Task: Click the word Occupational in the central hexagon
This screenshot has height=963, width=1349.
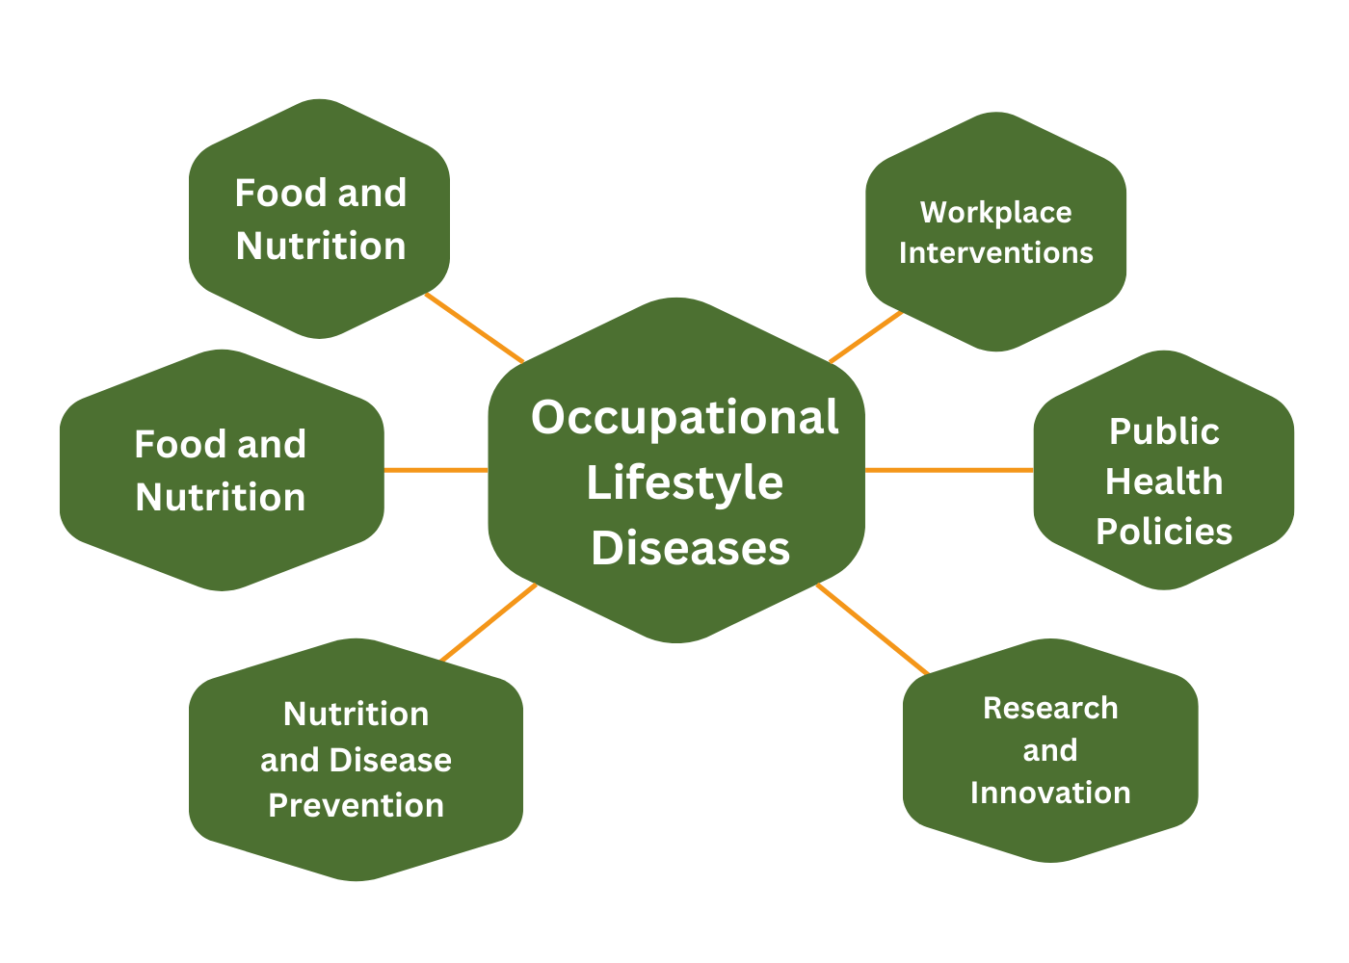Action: click(x=685, y=418)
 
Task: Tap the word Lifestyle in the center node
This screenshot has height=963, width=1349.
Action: click(x=685, y=483)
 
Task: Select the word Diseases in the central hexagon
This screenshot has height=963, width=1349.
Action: click(x=690, y=548)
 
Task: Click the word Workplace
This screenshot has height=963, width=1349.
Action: click(x=996, y=213)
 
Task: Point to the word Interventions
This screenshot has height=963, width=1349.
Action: click(x=996, y=252)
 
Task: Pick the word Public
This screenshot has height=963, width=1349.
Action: click(x=1164, y=431)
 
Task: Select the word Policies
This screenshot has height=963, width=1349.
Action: click(x=1164, y=531)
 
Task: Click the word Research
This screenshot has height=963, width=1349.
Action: click(x=1050, y=708)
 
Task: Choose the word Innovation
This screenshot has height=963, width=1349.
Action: click(x=1050, y=792)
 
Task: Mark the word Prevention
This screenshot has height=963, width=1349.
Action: click(x=356, y=806)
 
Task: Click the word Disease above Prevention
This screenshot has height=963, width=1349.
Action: click(x=390, y=760)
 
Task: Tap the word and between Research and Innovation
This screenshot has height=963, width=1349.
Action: click(x=1050, y=750)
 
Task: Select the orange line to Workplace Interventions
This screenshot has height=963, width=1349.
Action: click(x=866, y=337)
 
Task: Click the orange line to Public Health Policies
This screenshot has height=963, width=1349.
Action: click(x=949, y=470)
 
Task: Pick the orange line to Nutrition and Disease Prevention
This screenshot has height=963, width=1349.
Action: click(x=489, y=622)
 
